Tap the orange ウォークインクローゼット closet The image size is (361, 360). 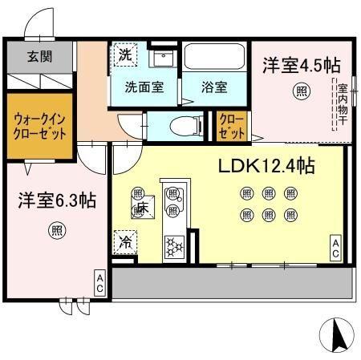(39, 127)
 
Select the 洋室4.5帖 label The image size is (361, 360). (298, 67)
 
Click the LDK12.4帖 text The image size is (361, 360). (266, 166)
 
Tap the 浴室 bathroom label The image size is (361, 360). (214, 87)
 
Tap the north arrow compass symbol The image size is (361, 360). (337, 334)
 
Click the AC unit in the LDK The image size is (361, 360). (335, 248)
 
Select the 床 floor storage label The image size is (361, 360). (142, 207)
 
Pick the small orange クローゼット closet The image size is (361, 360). (232, 126)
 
